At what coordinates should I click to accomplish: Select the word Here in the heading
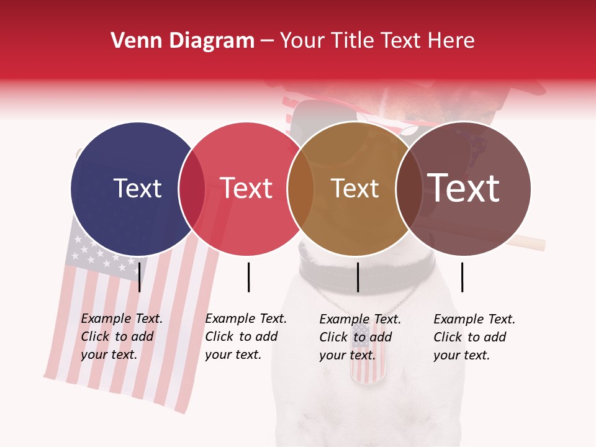click(453, 41)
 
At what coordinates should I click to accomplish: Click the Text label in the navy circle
click(137, 188)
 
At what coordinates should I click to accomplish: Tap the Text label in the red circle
click(246, 188)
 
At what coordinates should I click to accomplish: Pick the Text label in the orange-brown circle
click(354, 188)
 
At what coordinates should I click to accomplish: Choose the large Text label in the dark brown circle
click(464, 188)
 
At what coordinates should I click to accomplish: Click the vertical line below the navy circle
click(140, 277)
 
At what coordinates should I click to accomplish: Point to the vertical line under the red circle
click(248, 277)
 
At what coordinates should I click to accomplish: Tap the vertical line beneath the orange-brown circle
click(358, 277)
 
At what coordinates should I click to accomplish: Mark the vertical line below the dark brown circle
click(463, 277)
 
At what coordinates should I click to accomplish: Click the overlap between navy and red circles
click(192, 188)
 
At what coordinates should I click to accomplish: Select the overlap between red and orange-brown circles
click(300, 188)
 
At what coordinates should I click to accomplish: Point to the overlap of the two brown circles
click(409, 188)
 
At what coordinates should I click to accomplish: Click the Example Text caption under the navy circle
click(121, 336)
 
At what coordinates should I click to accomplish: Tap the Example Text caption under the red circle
click(245, 336)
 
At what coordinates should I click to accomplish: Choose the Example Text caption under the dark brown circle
click(474, 337)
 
